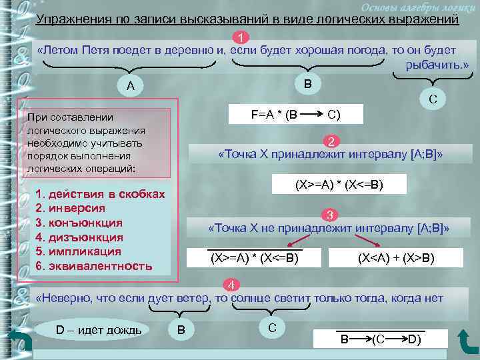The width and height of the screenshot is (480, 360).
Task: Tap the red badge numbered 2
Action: [331, 141]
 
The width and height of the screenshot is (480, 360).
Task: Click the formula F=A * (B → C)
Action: [296, 114]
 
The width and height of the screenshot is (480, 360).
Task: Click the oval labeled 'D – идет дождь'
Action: [99, 330]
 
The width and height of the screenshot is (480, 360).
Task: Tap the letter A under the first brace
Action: [131, 85]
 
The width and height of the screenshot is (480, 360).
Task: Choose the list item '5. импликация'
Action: [78, 251]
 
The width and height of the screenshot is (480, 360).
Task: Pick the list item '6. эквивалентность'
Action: [93, 266]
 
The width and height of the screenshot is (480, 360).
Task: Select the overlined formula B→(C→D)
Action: [381, 339]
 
